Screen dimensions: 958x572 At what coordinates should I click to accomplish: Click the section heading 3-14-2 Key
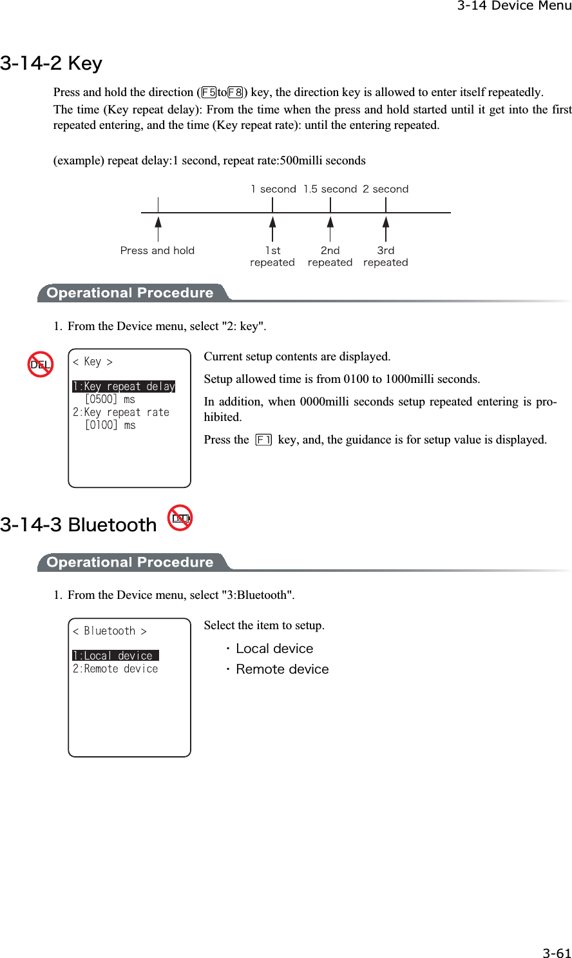point(52,63)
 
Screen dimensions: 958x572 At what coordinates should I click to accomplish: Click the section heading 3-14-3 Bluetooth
point(79,525)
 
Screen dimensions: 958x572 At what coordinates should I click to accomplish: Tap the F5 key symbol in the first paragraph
point(209,92)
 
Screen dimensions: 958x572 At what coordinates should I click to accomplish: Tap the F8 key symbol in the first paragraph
point(235,92)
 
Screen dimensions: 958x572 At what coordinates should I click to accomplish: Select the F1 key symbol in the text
point(263,440)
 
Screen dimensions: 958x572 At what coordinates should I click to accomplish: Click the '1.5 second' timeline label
point(330,189)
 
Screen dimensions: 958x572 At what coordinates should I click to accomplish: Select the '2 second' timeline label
point(385,189)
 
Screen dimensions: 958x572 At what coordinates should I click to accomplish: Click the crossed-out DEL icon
point(41,365)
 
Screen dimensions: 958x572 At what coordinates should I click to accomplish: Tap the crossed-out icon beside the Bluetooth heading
point(180,518)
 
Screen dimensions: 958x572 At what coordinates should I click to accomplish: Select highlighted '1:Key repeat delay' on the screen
point(124,387)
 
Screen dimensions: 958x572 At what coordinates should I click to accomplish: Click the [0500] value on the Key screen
point(101,400)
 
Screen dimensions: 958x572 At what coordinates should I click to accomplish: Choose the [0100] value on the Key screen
point(101,425)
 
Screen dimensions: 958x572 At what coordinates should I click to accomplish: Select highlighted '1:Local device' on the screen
point(115,656)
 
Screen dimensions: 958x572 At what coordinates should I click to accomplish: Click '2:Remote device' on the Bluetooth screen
point(115,669)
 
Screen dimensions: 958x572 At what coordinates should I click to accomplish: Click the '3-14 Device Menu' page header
point(514,6)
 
